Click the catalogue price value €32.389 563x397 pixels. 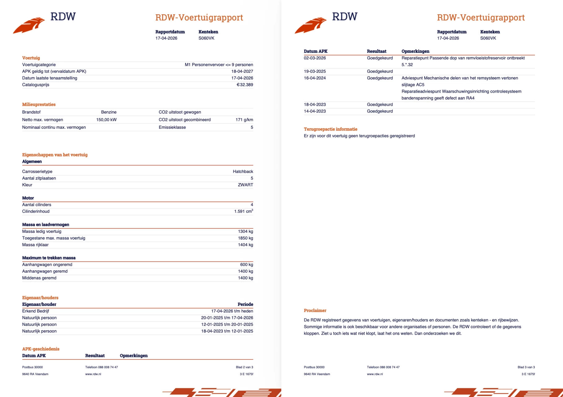[245, 85]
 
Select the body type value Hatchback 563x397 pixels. [243, 172]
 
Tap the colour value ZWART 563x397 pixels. [245, 185]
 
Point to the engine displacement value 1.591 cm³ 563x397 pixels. [243, 211]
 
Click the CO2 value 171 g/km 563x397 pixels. [244, 120]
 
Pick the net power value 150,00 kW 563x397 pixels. [106, 120]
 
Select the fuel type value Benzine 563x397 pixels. [109, 112]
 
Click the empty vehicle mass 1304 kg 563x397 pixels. [245, 231]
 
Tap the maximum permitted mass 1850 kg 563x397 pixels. [245, 238]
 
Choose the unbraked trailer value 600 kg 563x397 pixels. [247, 265]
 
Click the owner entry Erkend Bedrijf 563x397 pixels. [36, 311]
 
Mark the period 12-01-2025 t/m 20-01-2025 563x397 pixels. [227, 324]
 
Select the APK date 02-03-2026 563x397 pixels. [315, 58]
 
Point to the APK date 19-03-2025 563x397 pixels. [315, 71]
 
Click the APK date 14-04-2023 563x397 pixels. [315, 111]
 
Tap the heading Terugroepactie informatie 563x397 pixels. [330, 129]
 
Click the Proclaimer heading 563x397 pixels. [315, 310]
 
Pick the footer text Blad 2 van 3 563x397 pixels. [244, 367]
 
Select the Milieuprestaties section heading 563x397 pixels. [39, 105]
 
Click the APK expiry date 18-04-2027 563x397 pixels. [242, 71]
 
